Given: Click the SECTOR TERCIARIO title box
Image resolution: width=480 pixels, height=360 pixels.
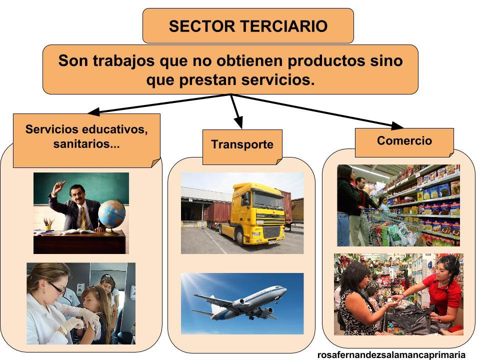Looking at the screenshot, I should pyautogui.click(x=248, y=26).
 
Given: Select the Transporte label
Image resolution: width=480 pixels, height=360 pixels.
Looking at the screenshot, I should pyautogui.click(x=242, y=144).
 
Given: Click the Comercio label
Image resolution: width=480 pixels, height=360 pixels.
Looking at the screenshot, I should pyautogui.click(x=404, y=140).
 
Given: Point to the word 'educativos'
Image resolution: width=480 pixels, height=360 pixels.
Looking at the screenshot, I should pyautogui.click(x=115, y=129).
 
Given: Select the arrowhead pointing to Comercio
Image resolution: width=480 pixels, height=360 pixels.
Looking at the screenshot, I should pyautogui.click(x=397, y=125).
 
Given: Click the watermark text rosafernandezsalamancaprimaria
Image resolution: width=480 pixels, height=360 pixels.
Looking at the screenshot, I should pyautogui.click(x=391, y=354).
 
